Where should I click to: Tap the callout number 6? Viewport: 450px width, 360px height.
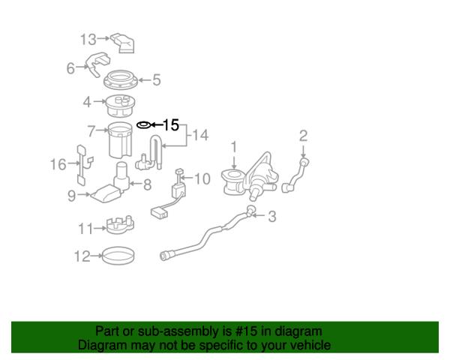click(x=70, y=68)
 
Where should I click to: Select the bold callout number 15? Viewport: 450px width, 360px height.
click(x=171, y=124)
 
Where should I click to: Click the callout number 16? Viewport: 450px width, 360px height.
click(x=58, y=164)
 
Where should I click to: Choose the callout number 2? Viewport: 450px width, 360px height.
click(x=304, y=136)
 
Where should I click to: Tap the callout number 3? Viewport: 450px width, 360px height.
click(x=272, y=217)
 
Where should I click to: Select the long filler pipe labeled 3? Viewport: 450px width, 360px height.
click(x=202, y=236)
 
